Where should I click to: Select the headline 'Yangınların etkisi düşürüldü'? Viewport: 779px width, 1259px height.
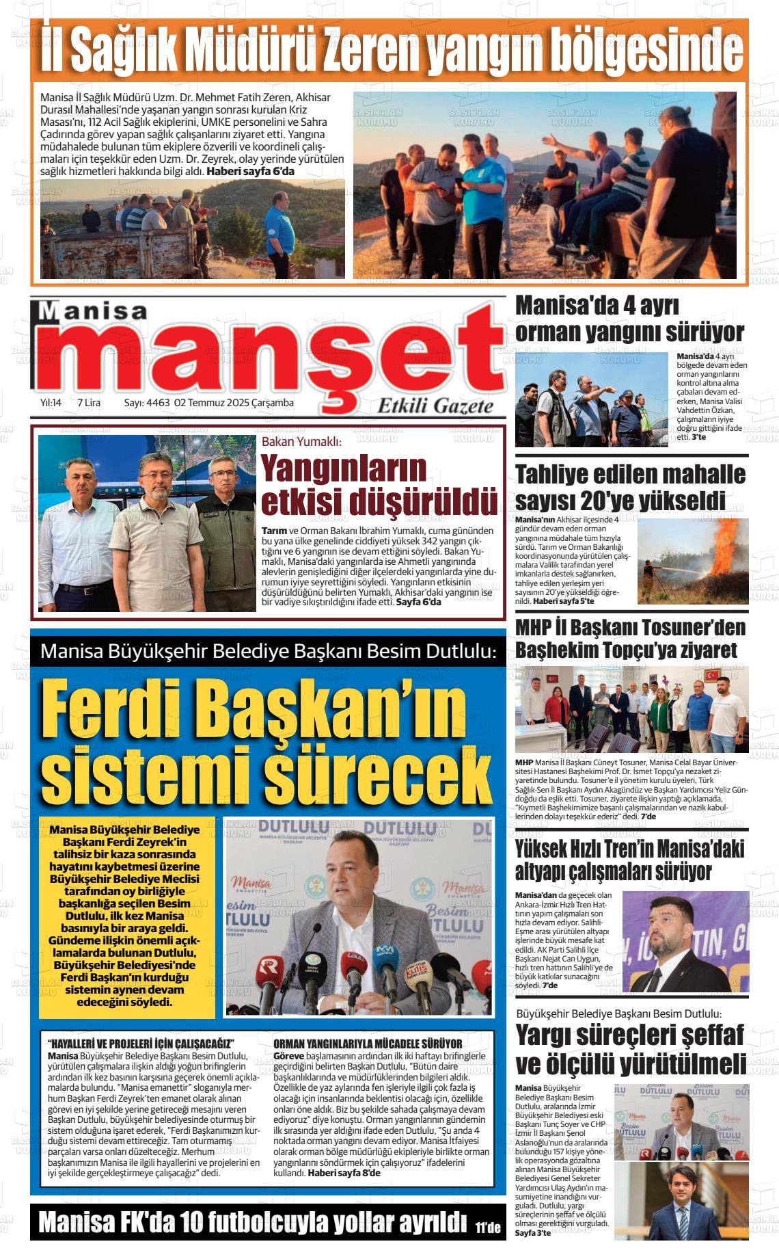click(379, 486)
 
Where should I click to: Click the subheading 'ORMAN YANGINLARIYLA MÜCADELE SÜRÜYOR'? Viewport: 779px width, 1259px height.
click(368, 1044)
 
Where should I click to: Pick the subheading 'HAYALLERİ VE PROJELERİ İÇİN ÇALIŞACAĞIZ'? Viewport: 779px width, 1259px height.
click(141, 1044)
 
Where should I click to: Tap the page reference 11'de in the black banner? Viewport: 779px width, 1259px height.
click(488, 1227)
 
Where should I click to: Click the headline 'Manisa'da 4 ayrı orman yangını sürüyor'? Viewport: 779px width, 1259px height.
click(629, 319)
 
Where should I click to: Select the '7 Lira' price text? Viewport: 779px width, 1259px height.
click(89, 403)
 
